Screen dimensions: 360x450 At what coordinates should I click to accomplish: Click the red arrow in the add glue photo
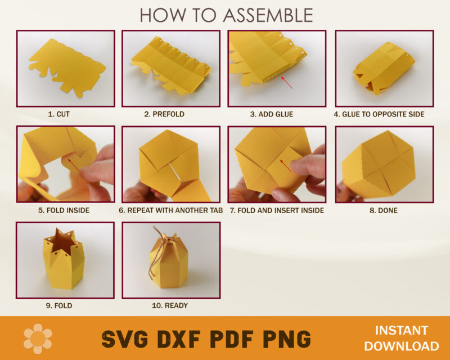pyautogui.click(x=286, y=82)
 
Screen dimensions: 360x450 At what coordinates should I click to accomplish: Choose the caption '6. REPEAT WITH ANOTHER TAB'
pyautogui.click(x=171, y=210)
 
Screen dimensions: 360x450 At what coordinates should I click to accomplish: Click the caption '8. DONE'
pyautogui.click(x=384, y=210)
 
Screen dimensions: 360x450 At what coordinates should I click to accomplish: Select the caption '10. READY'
pyautogui.click(x=171, y=306)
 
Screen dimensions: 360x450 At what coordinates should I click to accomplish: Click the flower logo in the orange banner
pyautogui.click(x=38, y=338)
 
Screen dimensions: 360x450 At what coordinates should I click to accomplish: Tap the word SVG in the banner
pyautogui.click(x=125, y=339)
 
